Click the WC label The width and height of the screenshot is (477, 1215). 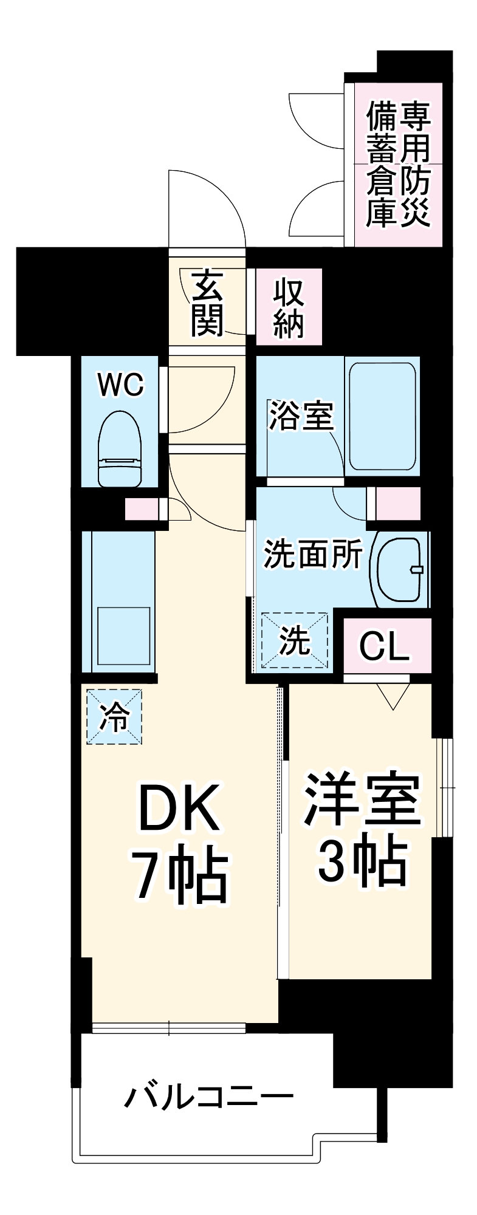coord(121,385)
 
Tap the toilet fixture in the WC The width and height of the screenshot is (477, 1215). coord(120,450)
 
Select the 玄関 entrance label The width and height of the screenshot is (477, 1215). coord(207,304)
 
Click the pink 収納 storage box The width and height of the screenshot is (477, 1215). coord(289,307)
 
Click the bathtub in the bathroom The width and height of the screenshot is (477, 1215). coord(382,416)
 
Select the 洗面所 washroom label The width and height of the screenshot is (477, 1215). coord(312,553)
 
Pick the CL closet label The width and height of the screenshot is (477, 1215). coord(385,646)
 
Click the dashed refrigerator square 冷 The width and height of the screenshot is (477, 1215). coord(114,717)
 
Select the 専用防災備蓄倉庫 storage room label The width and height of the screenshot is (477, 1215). coord(398,165)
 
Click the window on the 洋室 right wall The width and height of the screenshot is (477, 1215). coord(445,787)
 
